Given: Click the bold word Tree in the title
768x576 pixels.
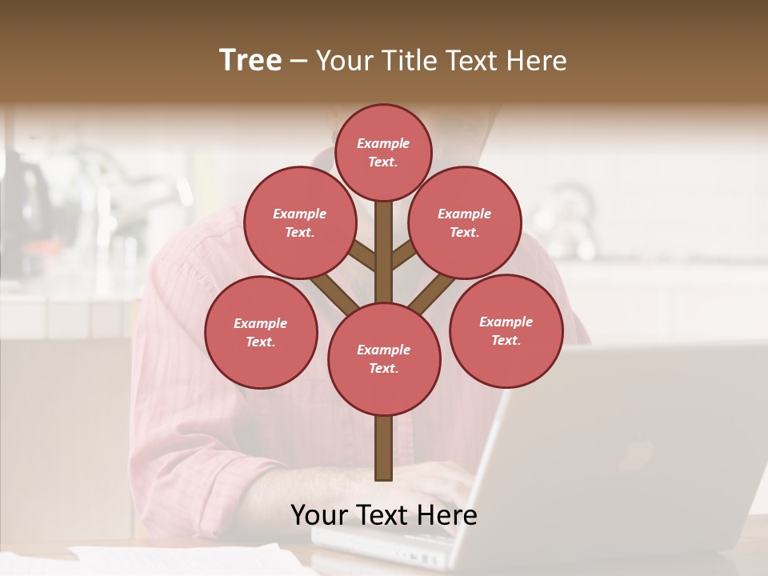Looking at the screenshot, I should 250,61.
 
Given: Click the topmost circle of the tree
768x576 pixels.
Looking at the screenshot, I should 383,152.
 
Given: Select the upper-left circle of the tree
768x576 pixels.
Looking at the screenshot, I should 299,222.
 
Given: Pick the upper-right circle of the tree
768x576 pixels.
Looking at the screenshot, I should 465,222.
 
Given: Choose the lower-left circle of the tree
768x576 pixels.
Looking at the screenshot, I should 261,332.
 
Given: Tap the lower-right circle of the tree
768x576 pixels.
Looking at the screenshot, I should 506,330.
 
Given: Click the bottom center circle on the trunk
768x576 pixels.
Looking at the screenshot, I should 384,359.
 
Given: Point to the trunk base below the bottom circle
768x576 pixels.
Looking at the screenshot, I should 383,448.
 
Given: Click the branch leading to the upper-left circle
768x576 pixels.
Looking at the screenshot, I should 363,255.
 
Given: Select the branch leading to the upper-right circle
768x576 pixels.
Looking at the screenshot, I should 403,255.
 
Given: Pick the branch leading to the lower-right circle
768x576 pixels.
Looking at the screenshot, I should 432,293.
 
